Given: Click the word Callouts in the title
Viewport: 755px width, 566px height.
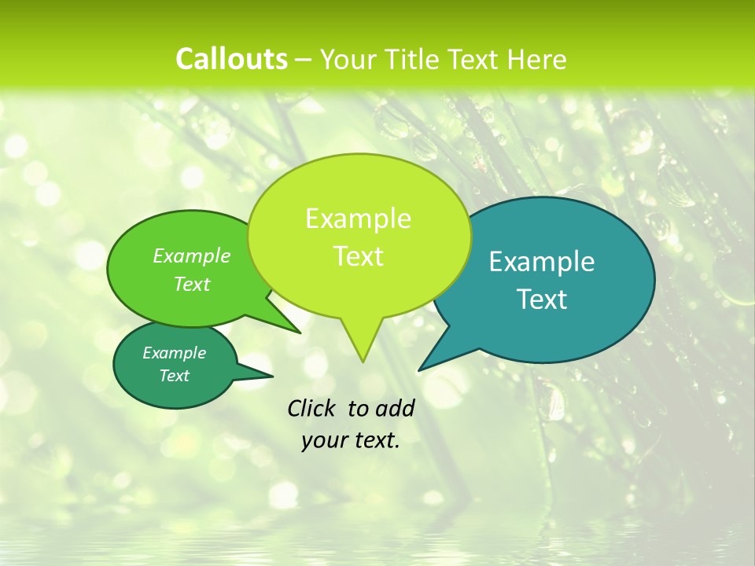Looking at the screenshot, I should [231, 59].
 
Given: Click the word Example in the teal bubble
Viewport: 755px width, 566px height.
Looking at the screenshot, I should [542, 262].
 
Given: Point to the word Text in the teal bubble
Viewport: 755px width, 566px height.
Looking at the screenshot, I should [542, 300].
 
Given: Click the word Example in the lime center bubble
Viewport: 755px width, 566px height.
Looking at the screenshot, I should [358, 219].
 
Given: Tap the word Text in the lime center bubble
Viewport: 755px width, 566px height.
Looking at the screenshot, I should [358, 256].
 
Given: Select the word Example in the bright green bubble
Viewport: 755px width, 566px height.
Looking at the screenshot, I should [192, 256].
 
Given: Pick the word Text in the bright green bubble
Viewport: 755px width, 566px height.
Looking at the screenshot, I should [192, 285].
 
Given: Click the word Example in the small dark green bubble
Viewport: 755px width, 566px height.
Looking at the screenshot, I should [174, 353].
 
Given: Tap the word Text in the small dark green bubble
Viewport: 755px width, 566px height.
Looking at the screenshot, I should [174, 376].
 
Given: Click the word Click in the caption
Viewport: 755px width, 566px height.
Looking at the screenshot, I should [313, 408].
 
